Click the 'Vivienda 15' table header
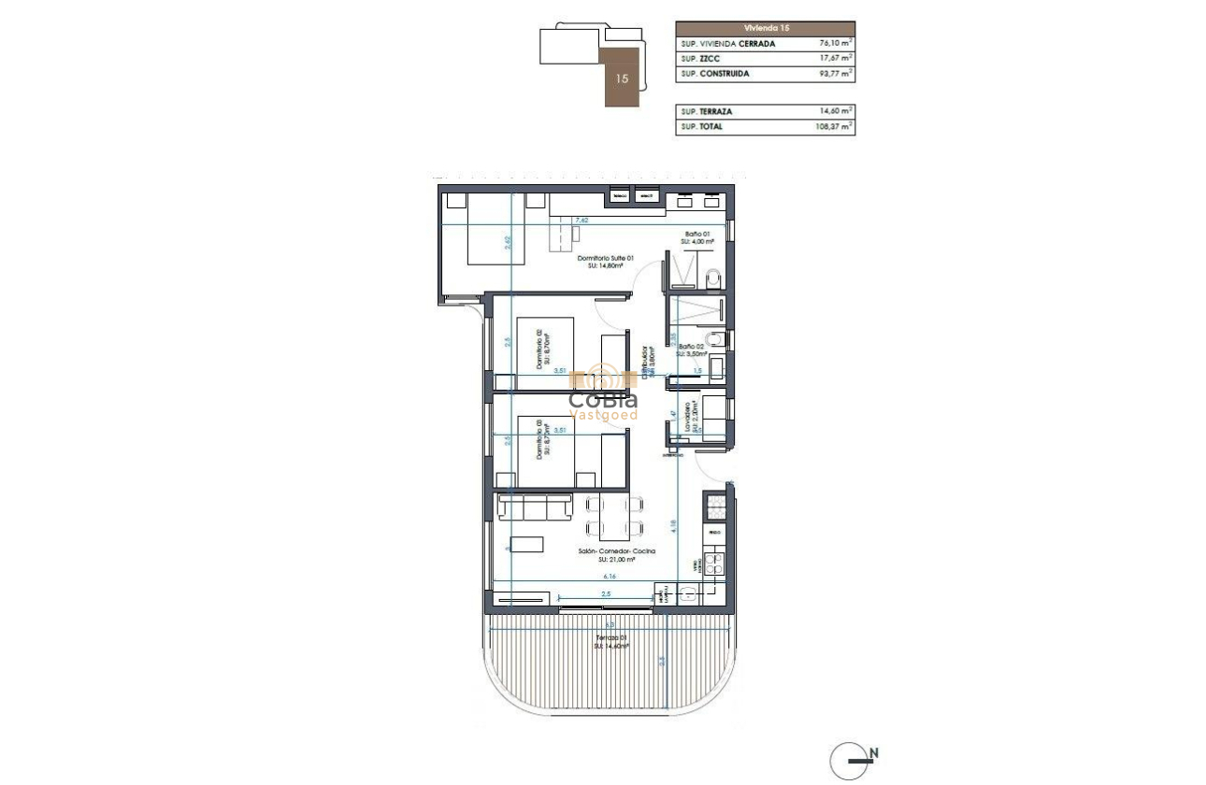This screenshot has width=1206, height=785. (765, 29)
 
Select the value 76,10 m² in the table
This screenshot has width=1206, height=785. (835, 43)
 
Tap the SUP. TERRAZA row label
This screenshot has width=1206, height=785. (707, 111)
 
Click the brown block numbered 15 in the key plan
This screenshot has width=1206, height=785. (622, 78)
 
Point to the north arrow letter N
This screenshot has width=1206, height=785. (873, 752)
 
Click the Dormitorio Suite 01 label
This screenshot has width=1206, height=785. (606, 262)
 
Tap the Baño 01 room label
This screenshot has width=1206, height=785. (696, 237)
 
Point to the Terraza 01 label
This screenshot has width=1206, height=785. (611, 640)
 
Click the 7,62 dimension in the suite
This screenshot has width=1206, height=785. (581, 221)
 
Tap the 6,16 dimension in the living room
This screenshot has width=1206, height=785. (609, 578)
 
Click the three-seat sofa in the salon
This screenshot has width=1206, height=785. (536, 507)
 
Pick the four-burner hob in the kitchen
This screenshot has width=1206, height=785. (714, 564)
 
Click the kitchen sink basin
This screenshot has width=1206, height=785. (689, 592)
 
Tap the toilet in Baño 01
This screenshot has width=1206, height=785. (713, 278)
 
